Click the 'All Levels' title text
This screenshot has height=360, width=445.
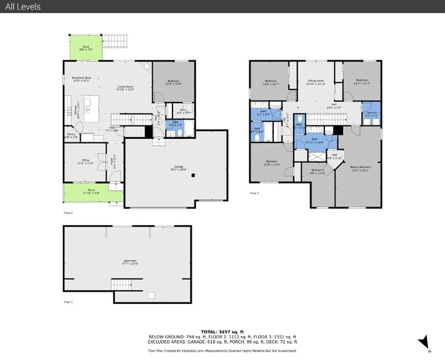point(23,7)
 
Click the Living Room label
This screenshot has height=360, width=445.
point(125,87)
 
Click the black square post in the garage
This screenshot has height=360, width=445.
point(194,175)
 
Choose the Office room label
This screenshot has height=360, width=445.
point(86,162)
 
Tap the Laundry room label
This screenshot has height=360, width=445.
point(371,114)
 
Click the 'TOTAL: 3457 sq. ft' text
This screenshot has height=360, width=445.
point(222,331)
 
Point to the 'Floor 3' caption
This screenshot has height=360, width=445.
point(254,194)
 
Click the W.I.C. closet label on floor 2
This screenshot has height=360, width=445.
point(183,111)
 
